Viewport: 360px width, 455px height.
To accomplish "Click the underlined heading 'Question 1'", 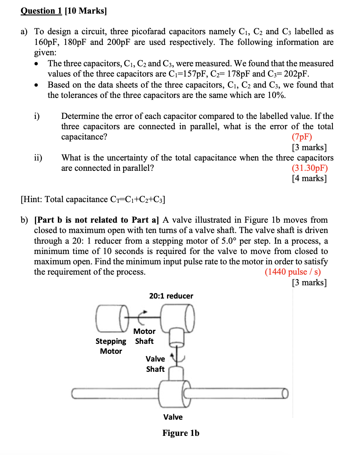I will pyautogui.click(x=41, y=11).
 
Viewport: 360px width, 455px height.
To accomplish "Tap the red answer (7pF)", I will pyautogui.click(x=302, y=137).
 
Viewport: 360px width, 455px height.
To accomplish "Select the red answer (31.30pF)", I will pyautogui.click(x=310, y=168).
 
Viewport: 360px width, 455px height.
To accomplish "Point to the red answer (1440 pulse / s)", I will pyautogui.click(x=293, y=272).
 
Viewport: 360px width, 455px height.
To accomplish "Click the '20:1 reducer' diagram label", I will pyautogui.click(x=171, y=296).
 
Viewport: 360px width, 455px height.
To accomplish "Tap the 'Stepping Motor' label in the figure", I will pyautogui.click(x=111, y=346).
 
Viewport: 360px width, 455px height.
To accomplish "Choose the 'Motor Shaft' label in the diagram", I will pyautogui.click(x=144, y=336).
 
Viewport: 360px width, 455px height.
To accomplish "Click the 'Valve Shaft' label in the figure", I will pyautogui.click(x=155, y=364).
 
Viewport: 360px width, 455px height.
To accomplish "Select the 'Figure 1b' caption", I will pyautogui.click(x=181, y=433).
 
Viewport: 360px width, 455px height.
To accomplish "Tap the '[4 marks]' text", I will pyautogui.click(x=309, y=179).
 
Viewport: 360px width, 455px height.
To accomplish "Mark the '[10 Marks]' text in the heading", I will pyautogui.click(x=86, y=11).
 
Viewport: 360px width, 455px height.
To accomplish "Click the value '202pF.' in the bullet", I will pyautogui.click(x=296, y=74).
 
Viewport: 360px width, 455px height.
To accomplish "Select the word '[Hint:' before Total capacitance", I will pyautogui.click(x=31, y=200).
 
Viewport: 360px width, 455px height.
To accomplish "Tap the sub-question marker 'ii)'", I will pyautogui.click(x=38, y=158).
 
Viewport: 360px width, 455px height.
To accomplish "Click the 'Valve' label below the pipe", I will pyautogui.click(x=173, y=417).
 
